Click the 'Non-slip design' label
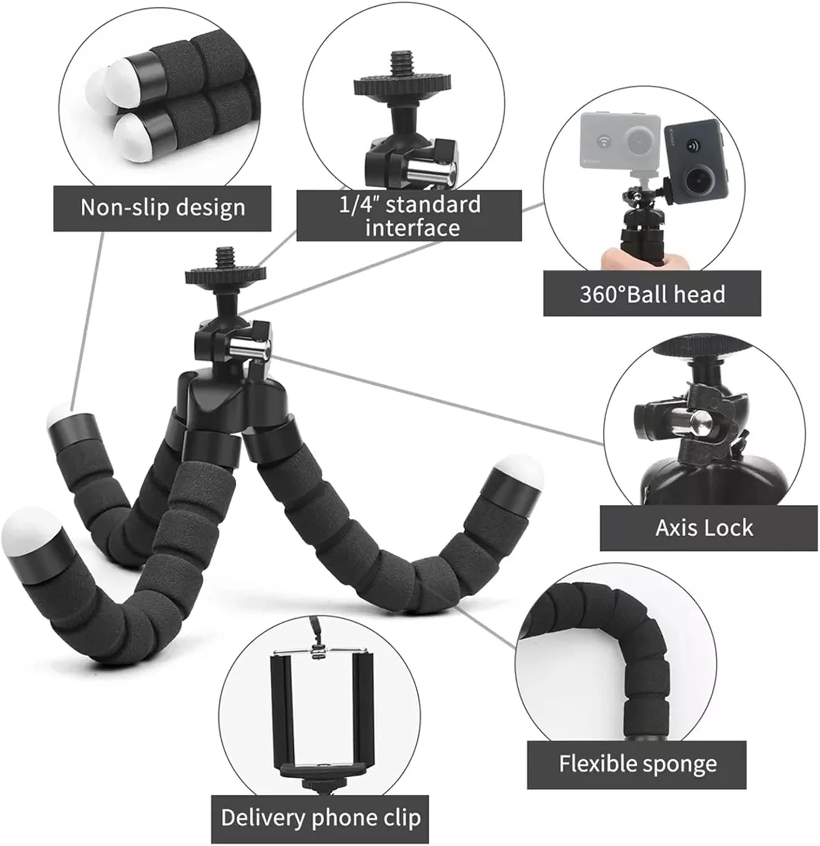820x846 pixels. [x=162, y=208]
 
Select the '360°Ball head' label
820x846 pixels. [x=652, y=294]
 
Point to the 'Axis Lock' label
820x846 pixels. [x=704, y=528]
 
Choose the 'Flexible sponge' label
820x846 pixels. [x=637, y=764]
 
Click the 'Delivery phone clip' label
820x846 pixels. [x=320, y=818]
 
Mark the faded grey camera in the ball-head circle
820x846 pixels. [x=621, y=140]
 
